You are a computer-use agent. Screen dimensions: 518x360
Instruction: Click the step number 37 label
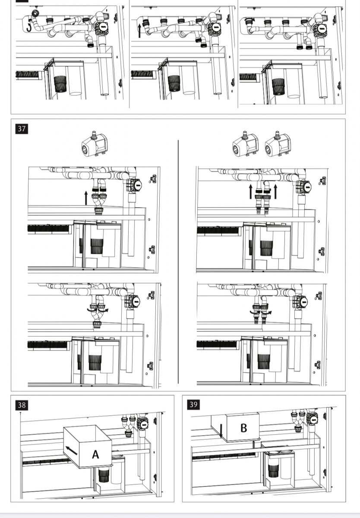point(22,128)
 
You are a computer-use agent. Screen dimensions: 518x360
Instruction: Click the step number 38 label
point(22,405)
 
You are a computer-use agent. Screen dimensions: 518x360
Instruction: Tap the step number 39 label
point(193,404)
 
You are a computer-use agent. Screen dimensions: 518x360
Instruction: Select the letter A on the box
point(95,454)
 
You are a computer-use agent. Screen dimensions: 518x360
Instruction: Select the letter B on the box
point(243,428)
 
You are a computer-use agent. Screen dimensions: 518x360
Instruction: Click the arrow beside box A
point(72,450)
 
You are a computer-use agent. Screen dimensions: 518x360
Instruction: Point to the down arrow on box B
point(221,430)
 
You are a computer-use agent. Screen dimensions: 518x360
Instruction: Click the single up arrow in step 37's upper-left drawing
point(86,198)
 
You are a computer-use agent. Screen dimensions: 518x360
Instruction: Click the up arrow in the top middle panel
point(139,31)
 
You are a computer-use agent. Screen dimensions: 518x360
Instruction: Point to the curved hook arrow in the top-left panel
point(28,27)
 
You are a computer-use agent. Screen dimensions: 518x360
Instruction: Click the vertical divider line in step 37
point(178,261)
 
